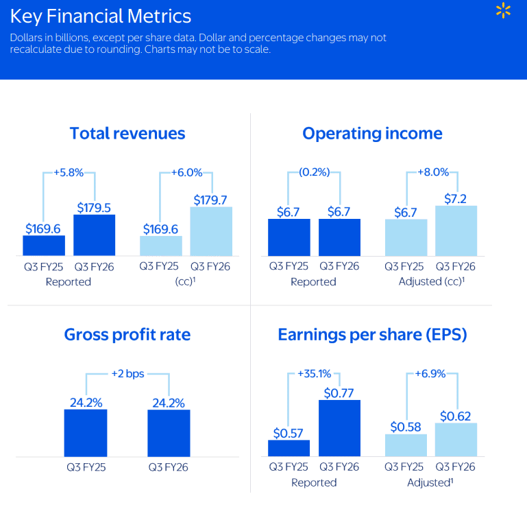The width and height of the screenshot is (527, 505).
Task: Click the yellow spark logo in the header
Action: coord(504,11)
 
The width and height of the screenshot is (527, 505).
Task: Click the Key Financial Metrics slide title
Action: coord(101,16)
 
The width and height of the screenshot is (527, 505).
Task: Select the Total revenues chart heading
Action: coord(127,133)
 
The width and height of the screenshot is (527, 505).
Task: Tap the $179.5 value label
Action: coord(94,207)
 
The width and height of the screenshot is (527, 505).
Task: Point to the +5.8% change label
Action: coord(69,172)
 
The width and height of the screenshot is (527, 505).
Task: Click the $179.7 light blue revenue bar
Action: coord(211,231)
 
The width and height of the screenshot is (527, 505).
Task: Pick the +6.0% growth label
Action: coord(186,172)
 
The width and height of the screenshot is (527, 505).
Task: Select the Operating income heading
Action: coord(372,133)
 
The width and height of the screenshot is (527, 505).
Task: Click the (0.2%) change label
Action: coord(314,172)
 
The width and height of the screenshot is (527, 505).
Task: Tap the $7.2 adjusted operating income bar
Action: coord(456,231)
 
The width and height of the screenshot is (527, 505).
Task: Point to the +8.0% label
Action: coord(432,172)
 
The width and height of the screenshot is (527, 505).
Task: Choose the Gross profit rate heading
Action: coord(127,334)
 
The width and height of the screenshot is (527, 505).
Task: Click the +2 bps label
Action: coord(127,374)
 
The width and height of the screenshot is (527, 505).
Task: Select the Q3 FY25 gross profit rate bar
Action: coord(86,433)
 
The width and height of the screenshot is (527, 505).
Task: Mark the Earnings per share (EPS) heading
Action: coord(372,334)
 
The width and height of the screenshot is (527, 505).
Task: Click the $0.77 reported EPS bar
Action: coord(339,428)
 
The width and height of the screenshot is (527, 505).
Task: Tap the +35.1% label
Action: coord(314,374)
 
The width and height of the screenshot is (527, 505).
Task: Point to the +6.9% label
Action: coord(431,374)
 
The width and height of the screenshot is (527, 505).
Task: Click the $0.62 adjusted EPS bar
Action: coord(456,440)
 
